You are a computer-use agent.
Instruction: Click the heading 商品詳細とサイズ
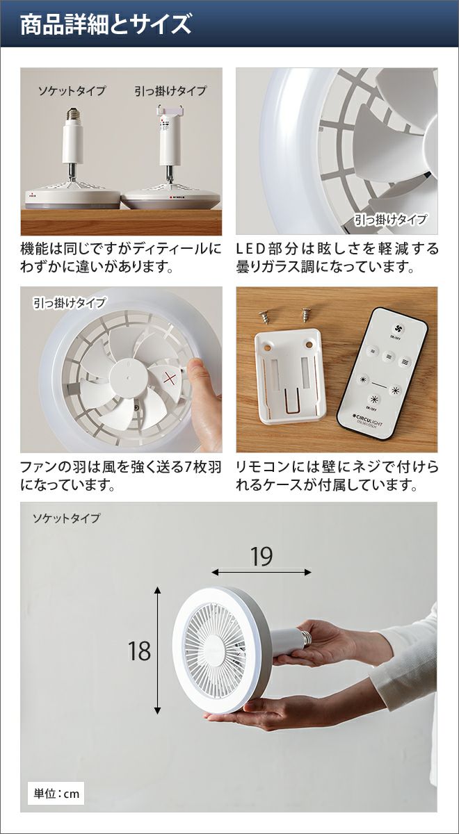coord(106,25)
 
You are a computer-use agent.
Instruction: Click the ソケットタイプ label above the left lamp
coord(72,91)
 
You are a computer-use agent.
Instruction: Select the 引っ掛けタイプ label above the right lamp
coord(170,91)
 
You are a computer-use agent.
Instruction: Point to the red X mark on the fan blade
coord(170,378)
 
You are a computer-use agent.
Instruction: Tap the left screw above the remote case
coord(265,318)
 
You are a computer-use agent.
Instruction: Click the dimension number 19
coord(261,557)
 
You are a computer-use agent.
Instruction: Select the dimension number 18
coord(139,651)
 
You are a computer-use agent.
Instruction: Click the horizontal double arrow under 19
coord(261,572)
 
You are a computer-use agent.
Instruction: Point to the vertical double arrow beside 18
coord(158,650)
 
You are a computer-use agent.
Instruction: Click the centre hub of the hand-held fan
coord(215,651)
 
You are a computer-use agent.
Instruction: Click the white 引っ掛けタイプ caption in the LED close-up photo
coord(390,220)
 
